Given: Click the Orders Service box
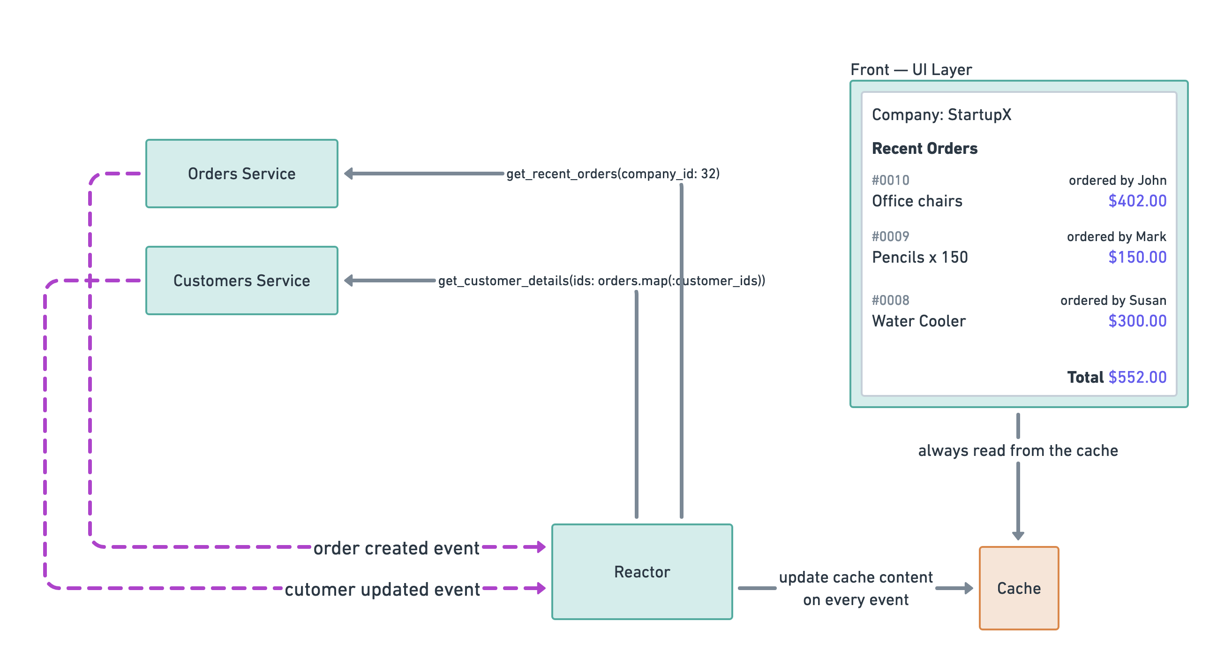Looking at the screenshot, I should tap(241, 174).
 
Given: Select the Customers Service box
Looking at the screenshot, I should tap(241, 280).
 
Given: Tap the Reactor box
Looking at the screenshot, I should tap(642, 571).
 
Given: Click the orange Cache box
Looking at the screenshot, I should tap(1019, 588).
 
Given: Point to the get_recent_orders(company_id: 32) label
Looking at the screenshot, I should tap(613, 174).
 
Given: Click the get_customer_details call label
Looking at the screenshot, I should tap(601, 281).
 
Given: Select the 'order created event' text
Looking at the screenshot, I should tap(396, 548).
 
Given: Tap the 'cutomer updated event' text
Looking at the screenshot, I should tap(382, 589).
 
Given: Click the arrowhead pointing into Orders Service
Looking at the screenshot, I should tap(349, 174).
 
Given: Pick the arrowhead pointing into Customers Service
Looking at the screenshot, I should tap(349, 280).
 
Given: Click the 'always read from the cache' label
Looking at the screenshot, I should tap(1018, 450).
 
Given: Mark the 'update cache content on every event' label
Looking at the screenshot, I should tap(855, 588).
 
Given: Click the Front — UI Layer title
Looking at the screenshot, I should tap(910, 69).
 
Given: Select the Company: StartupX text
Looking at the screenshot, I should tap(941, 114).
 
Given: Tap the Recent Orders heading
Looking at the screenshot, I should tap(924, 148).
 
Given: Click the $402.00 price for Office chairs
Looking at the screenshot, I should tap(1137, 201).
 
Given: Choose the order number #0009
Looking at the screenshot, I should tap(890, 236).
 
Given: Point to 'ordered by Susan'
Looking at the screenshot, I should tap(1112, 300).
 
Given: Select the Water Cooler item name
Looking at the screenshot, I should tap(918, 321).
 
